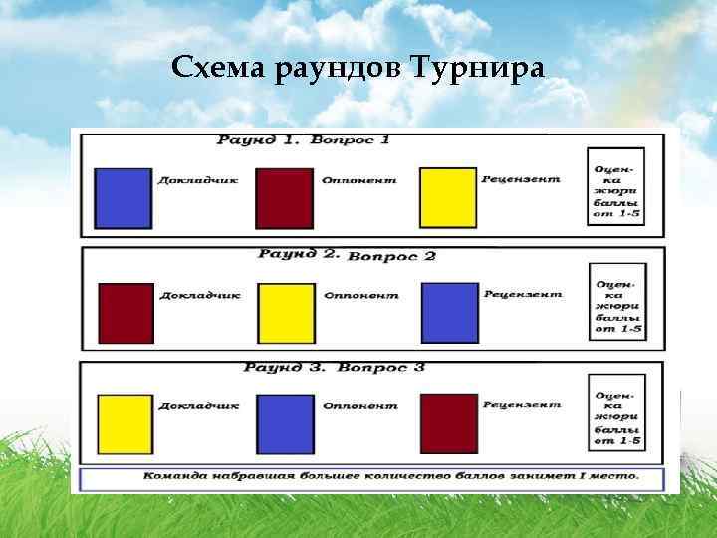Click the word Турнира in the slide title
tap(484, 68)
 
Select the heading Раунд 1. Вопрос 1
tap(304, 140)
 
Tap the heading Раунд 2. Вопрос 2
tap(347, 255)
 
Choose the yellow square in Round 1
tap(448, 198)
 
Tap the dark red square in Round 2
tap(126, 313)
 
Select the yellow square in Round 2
tap(287, 313)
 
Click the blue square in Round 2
tap(450, 312)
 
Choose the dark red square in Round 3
tap(449, 424)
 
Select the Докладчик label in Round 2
tap(200, 295)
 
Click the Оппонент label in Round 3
tap(359, 405)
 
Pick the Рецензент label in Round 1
tap(521, 180)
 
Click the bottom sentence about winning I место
tap(390, 476)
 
